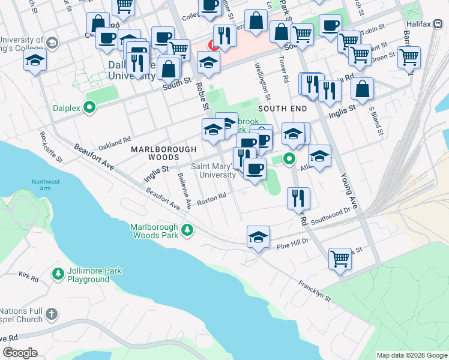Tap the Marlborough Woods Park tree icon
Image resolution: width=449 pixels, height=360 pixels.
pyautogui.click(x=187, y=229)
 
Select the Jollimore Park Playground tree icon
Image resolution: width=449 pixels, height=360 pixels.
pyautogui.click(x=58, y=274)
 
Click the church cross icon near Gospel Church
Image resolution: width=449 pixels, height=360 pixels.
pyautogui.click(x=52, y=313)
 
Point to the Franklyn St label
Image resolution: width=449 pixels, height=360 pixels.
pyautogui.click(x=314, y=292)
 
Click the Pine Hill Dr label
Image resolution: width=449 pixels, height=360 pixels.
pyautogui.click(x=292, y=244)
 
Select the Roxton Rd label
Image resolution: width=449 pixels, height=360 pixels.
pyautogui.click(x=212, y=198)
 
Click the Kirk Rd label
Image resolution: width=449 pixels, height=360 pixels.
pyautogui.click(x=28, y=277)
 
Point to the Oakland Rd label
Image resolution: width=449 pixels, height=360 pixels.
pyautogui.click(x=115, y=143)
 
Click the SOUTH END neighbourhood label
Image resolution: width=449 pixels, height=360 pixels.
pyautogui.click(x=283, y=109)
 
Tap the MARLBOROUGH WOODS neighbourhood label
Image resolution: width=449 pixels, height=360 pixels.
pyautogui.click(x=163, y=153)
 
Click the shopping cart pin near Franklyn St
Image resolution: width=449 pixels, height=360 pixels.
pyautogui.click(x=340, y=259)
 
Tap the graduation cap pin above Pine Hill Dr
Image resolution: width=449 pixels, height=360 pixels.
pyautogui.click(x=258, y=236)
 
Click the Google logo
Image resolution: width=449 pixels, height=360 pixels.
pyautogui.click(x=20, y=353)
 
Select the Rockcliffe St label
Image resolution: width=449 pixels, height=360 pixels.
pyautogui.click(x=50, y=148)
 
